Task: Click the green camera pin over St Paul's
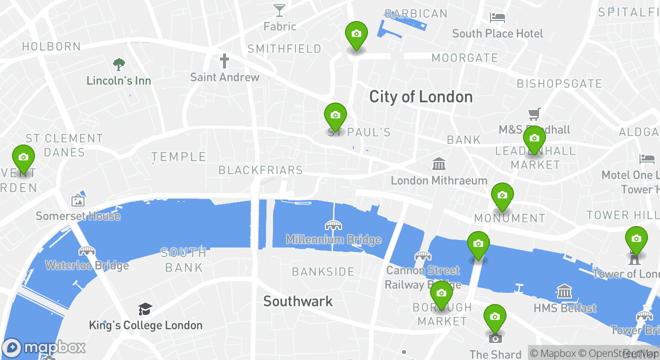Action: [335, 116]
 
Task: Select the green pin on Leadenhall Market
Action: [534, 138]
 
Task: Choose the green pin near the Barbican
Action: [356, 34]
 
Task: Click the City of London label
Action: [420, 96]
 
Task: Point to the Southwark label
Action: [298, 301]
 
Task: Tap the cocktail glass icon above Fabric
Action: [279, 9]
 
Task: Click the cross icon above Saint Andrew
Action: [224, 61]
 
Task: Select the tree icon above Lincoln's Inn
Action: [118, 64]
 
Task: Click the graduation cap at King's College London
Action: [145, 309]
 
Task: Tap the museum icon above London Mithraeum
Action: [438, 163]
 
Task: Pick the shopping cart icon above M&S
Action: [534, 114]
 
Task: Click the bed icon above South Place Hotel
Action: [497, 18]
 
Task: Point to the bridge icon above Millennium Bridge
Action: [333, 225]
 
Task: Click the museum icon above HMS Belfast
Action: [564, 291]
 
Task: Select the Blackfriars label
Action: [260, 170]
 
